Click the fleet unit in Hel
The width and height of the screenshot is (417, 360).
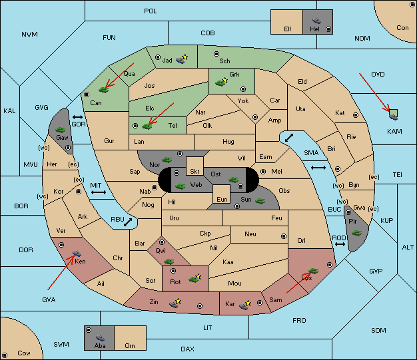pos(316,21)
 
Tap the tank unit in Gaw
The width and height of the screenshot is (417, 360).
pos(61,130)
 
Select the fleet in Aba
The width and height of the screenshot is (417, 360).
pos(101,338)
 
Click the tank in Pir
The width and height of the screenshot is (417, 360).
pos(356,233)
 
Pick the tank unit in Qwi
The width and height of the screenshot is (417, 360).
pos(169,262)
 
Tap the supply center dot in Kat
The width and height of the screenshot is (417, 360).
pos(356,115)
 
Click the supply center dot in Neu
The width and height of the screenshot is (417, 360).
pos(284,236)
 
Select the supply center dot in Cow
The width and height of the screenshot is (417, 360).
pos(5,355)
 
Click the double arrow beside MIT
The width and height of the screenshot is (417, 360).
pos(99,192)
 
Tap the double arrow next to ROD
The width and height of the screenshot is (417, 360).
pos(340,244)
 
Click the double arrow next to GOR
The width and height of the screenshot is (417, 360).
pos(78,117)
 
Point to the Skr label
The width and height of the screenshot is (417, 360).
pos(195,172)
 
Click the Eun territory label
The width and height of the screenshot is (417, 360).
pos(222,199)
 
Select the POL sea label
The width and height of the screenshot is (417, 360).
pos(151,11)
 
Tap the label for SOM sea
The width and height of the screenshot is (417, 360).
pos(378,330)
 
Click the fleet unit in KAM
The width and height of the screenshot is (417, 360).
pos(393,115)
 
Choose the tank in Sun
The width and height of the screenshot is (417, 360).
pos(260,201)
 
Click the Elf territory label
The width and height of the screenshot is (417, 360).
pos(288,29)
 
